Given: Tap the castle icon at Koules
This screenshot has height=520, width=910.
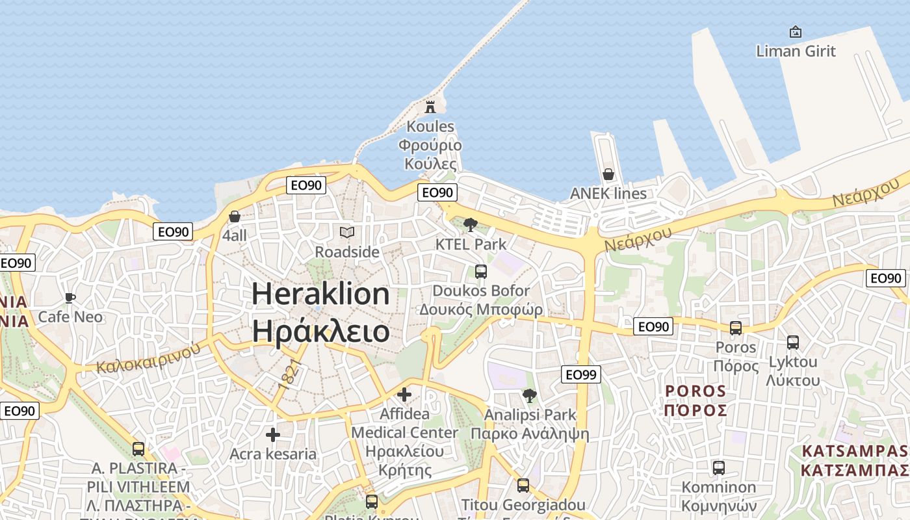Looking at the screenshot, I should click(430, 107).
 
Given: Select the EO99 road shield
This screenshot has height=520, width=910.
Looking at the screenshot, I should click(581, 374).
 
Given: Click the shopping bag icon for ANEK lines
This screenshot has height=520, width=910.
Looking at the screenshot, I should click(608, 174).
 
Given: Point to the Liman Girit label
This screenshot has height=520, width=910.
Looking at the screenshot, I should click(796, 51).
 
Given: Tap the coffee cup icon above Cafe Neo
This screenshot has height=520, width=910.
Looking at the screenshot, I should click(70, 298).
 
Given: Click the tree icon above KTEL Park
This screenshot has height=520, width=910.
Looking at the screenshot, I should click(471, 225).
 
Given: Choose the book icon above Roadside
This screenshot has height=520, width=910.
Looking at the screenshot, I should click(347, 232).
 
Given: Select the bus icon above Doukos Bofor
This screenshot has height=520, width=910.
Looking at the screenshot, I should click(481, 272).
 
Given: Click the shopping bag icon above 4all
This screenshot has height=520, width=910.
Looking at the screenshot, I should click(235, 216).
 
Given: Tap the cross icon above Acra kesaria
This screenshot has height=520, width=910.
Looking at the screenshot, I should click(273, 434).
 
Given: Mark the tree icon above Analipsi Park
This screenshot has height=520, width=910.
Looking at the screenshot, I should click(530, 395).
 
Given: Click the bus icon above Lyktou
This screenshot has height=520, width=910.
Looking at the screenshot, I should click(793, 343).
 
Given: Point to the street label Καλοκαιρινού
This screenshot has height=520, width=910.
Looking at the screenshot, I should click(148, 358).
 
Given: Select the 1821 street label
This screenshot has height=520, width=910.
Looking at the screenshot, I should click(287, 374).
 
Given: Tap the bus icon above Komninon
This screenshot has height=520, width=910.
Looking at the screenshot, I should click(719, 467).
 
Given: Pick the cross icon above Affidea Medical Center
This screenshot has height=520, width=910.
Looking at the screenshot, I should click(404, 394).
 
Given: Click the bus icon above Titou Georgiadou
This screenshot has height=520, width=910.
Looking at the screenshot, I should click(523, 485).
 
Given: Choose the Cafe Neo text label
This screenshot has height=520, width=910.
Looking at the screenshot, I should click(70, 317).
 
